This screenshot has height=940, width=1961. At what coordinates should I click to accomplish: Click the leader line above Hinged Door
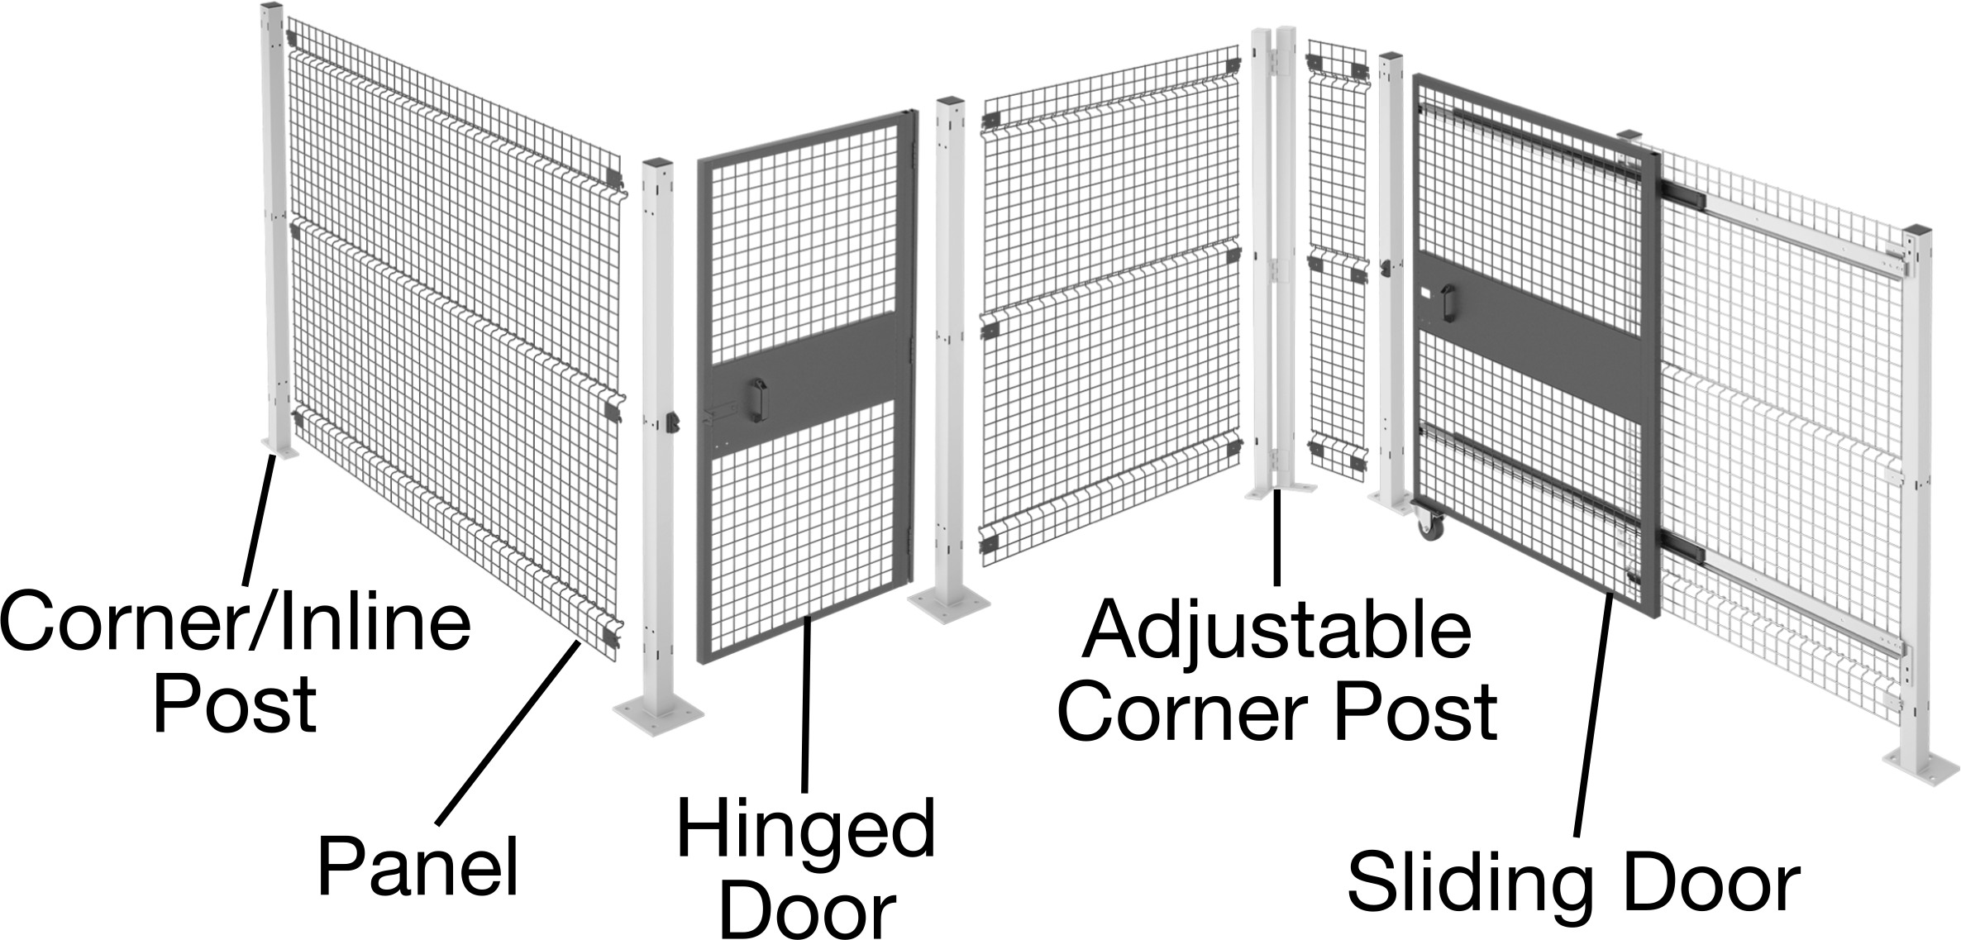807,704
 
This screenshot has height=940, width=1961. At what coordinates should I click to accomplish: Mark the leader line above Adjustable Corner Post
1277,537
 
